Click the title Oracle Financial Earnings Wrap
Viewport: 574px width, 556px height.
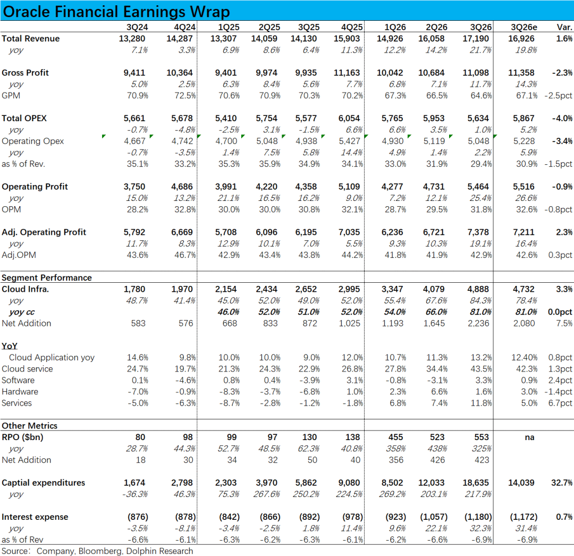pyautogui.click(x=116, y=12)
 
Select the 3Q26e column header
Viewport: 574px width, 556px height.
pyautogui.click(x=524, y=27)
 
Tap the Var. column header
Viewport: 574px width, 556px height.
pyautogui.click(x=564, y=27)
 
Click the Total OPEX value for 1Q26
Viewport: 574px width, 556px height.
pyautogui.click(x=393, y=119)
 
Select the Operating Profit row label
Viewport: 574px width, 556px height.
pyautogui.click(x=35, y=187)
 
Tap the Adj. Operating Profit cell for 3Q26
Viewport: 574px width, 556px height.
pyautogui.click(x=481, y=232)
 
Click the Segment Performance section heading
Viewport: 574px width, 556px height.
pyautogui.click(x=47, y=277)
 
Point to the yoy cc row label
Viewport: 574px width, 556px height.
pyautogui.click(x=22, y=312)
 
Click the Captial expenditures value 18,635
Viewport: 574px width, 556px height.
pyautogui.click(x=479, y=483)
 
